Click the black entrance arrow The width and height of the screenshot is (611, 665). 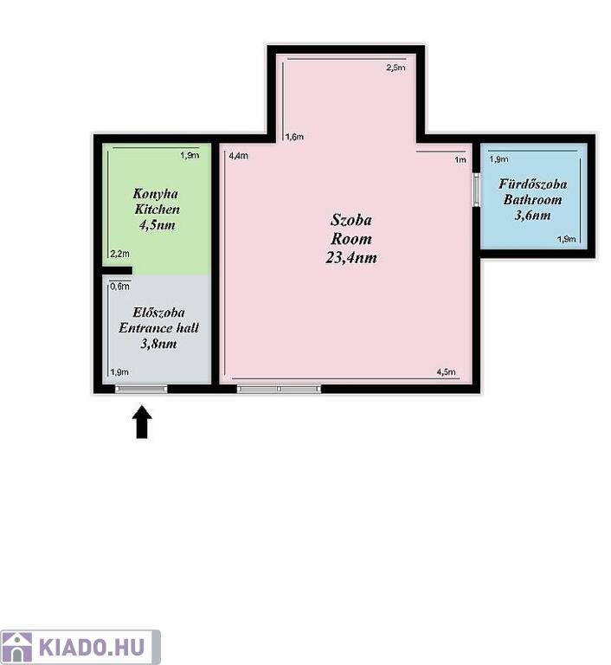point(142,422)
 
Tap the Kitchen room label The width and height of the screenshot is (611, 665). point(157,209)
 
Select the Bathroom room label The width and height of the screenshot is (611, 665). point(532,199)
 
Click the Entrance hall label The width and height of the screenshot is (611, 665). point(158,328)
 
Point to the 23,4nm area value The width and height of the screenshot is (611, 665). point(351,257)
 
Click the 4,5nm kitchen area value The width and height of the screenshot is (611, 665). point(157,225)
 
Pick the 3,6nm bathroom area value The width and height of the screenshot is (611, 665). point(532,215)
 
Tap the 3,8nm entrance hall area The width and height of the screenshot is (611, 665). point(158,344)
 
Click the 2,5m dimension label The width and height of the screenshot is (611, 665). point(396,68)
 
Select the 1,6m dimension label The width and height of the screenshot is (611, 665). point(294,137)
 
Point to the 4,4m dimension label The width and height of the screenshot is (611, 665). point(238,156)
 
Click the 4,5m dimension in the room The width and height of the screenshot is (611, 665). point(446,372)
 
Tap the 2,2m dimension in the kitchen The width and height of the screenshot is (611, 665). point(120,254)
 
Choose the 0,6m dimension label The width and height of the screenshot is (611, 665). point(120,287)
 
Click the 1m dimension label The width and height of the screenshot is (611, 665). point(460,159)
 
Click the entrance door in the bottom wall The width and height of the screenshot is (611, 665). point(142,389)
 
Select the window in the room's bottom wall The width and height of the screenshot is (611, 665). point(279,389)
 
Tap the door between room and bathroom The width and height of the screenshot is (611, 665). point(476,189)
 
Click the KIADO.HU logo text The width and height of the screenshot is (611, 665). point(92,648)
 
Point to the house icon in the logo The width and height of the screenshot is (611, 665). point(17,648)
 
